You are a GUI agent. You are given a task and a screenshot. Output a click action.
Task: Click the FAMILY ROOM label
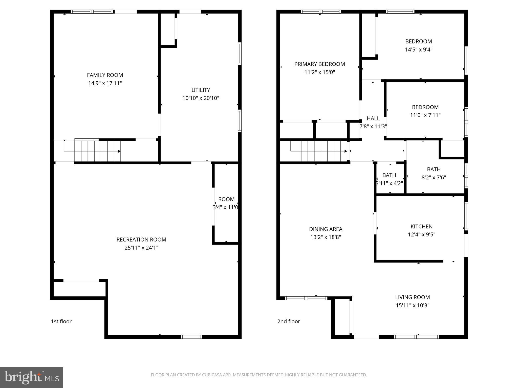point(105,75)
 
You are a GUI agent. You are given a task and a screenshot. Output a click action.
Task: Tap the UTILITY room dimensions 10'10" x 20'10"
point(201,98)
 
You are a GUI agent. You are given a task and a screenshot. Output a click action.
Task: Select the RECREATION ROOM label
point(141,239)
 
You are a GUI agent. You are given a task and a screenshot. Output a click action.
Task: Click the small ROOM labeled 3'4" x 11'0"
point(226,203)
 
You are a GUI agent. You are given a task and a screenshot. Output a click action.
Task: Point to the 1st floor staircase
point(97,151)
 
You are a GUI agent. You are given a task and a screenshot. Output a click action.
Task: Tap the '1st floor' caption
point(61,321)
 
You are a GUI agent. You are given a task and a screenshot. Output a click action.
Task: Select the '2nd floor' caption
point(289,321)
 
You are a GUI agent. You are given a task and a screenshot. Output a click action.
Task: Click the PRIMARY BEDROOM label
point(319,64)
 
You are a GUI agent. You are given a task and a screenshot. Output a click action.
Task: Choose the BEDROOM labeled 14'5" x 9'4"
point(419,45)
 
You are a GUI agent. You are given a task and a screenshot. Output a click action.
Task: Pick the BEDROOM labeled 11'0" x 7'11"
point(425,111)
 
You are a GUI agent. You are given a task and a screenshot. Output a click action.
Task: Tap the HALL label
point(373,118)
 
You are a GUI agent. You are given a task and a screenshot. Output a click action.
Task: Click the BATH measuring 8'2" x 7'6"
point(434,173)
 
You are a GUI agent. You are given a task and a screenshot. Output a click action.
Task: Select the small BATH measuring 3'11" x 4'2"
point(389,179)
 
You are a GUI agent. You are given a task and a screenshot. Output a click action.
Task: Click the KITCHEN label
point(421,226)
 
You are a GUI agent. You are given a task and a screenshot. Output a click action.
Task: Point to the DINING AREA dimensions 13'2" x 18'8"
point(326,237)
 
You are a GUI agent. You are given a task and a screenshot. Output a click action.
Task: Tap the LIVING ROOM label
point(413,297)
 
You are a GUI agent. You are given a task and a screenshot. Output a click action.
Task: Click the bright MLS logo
point(32,377)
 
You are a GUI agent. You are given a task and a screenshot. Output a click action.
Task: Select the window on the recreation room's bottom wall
point(191,337)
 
